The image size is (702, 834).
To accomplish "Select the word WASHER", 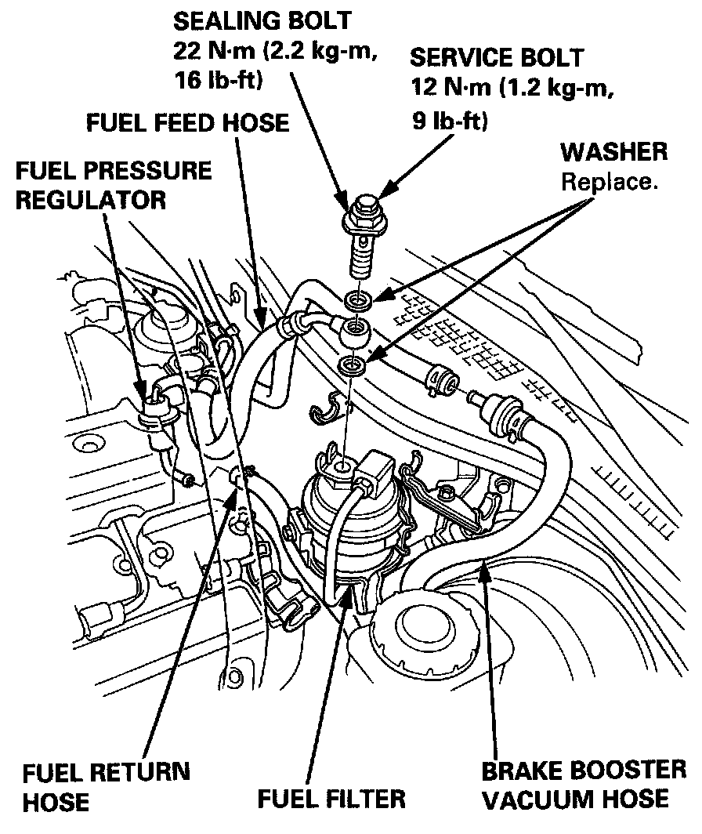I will (x=614, y=151).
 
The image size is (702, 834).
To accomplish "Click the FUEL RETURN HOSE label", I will (x=106, y=786).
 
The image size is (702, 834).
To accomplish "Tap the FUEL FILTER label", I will (x=331, y=800).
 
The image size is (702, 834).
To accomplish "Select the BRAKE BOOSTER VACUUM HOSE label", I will (x=584, y=785).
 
